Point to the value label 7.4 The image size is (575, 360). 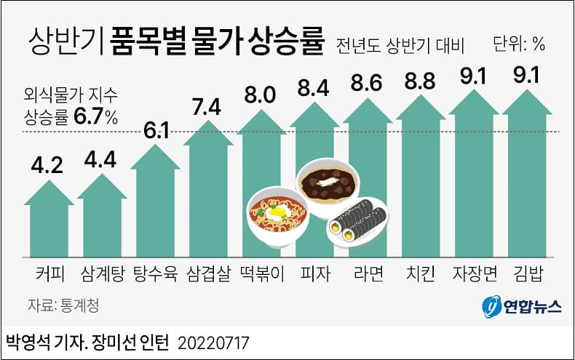pyautogui.click(x=209, y=107)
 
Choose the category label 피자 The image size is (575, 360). pyautogui.click(x=314, y=274)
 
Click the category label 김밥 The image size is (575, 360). pyautogui.click(x=526, y=274)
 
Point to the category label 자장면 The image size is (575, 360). pyautogui.click(x=473, y=274)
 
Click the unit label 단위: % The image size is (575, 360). pyautogui.click(x=519, y=44)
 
